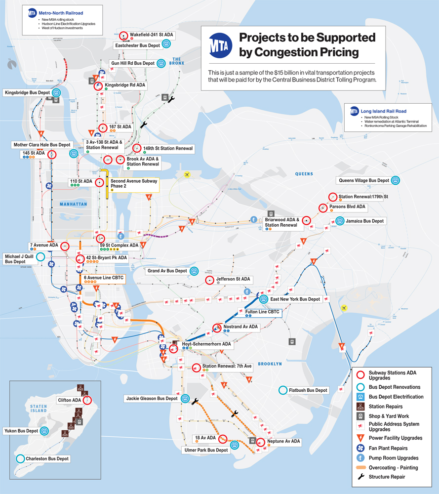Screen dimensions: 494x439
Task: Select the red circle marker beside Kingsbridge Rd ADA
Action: pyautogui.click(x=98, y=86)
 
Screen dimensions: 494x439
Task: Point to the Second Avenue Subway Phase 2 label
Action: pyautogui.click(x=134, y=184)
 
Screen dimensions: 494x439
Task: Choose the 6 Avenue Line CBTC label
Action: pyautogui.click(x=103, y=278)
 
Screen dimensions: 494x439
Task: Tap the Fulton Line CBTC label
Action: pyautogui.click(x=262, y=312)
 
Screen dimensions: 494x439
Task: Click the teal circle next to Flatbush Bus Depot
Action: pyautogui.click(x=282, y=390)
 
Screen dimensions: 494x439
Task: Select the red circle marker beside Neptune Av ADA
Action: pyautogui.click(x=260, y=442)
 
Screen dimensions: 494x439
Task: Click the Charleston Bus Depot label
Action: pyautogui.click(x=48, y=458)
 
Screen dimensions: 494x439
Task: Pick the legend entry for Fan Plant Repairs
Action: pyautogui.click(x=388, y=448)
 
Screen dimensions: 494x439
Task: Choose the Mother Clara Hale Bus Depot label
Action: pyautogui.click(x=42, y=145)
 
